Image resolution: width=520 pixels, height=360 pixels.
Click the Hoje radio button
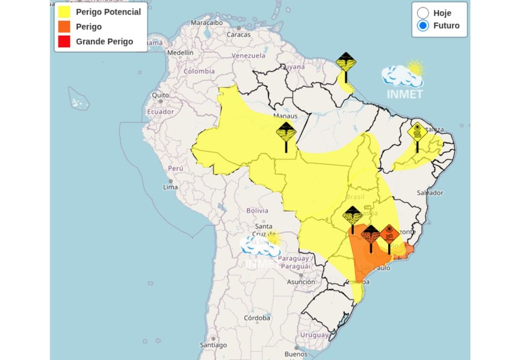point(422,13)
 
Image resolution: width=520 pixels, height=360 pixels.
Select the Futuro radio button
point(422,26)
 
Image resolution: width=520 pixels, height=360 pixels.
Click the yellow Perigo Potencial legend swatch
point(64,12)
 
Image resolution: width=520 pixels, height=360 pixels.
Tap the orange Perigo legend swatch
point(64,27)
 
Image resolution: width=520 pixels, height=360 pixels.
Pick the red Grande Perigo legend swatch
point(64,42)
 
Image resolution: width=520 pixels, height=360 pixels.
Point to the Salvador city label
point(430,192)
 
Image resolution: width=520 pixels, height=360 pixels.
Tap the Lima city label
point(170,187)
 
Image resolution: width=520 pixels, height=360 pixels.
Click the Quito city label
point(160,95)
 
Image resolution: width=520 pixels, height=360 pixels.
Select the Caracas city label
point(238,35)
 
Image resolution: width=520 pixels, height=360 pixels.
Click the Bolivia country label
point(257,210)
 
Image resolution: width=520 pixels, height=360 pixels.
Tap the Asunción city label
point(301,282)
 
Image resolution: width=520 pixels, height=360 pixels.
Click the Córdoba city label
point(256,318)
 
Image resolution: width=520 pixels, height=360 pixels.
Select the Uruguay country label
point(314,335)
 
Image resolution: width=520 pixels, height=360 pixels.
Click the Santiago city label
point(213,345)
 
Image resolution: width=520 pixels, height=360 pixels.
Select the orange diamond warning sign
point(389,235)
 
